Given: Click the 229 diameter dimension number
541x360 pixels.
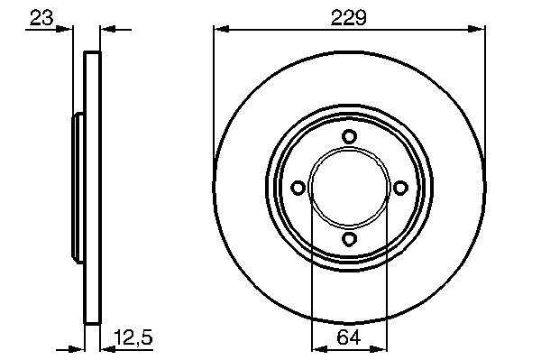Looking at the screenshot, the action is [x=348, y=18].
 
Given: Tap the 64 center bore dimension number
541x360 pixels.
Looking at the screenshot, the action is [x=348, y=337].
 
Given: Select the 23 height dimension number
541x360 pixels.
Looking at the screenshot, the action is [x=41, y=18].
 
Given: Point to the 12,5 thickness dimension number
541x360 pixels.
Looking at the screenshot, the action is [x=133, y=337].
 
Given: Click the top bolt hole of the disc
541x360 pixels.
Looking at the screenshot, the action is [x=349, y=136].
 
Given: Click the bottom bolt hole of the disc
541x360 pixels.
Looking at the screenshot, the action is [x=349, y=239].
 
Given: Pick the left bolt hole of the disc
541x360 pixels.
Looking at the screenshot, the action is [x=298, y=188].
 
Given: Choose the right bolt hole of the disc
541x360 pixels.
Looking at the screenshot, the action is [x=400, y=188].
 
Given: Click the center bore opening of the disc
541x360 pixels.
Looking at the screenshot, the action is [x=349, y=188].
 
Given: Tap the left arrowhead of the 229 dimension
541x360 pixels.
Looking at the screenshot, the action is [x=222, y=29].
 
